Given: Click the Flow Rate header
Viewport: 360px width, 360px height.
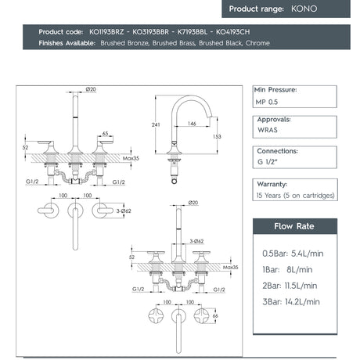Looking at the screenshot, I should (x=294, y=227).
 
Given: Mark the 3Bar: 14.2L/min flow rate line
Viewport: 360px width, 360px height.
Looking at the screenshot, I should (x=290, y=301).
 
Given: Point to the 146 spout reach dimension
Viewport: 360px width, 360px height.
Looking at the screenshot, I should (x=192, y=123).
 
